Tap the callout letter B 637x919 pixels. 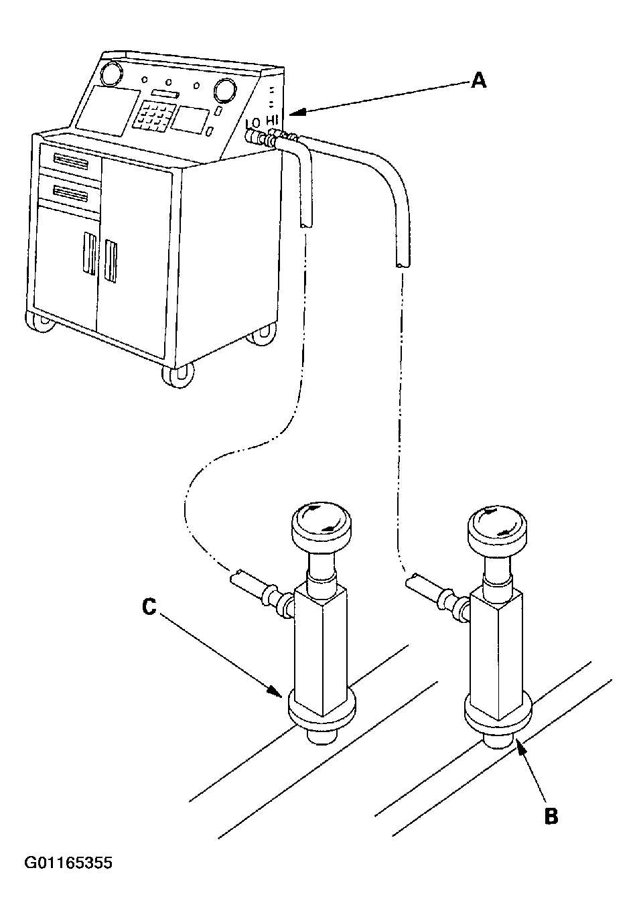coord(550,817)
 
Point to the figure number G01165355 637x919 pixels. coord(68,863)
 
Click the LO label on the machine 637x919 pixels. coord(253,123)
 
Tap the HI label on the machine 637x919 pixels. coord(272,120)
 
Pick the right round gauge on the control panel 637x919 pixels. coord(224,88)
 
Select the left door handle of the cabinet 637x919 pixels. coord(89,253)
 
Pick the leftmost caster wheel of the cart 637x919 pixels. coord(42,321)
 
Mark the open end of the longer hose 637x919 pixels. coord(400,265)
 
